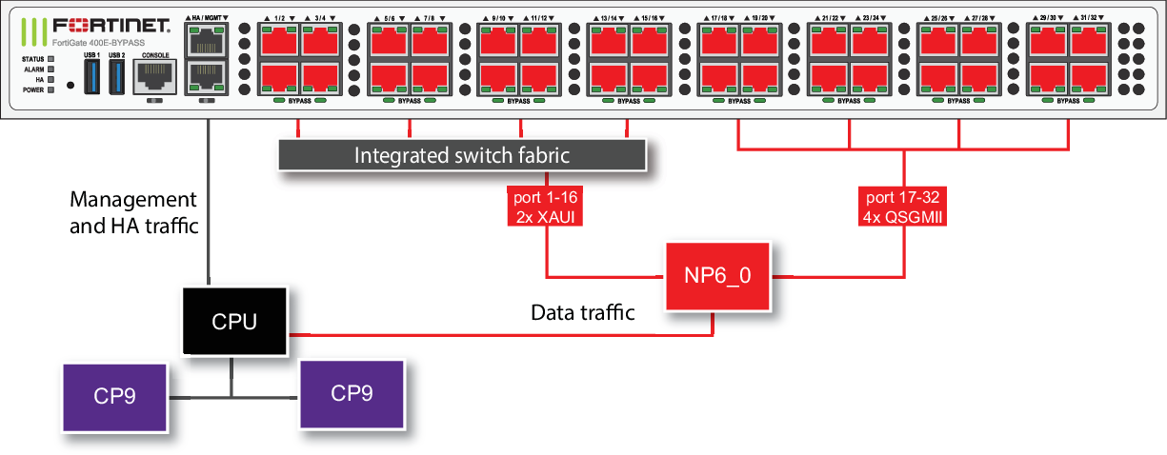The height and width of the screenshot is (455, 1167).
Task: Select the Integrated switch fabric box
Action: pos(462,155)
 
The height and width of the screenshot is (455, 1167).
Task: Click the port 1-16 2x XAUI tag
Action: pos(545,206)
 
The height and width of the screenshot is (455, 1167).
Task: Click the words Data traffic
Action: pos(583,313)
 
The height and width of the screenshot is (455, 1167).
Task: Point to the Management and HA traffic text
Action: pos(133,212)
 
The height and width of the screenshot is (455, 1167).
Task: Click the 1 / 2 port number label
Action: pos(279,18)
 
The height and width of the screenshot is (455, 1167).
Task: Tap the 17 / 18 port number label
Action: pos(721,18)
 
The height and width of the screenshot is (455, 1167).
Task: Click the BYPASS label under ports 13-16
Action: pos(629,100)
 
